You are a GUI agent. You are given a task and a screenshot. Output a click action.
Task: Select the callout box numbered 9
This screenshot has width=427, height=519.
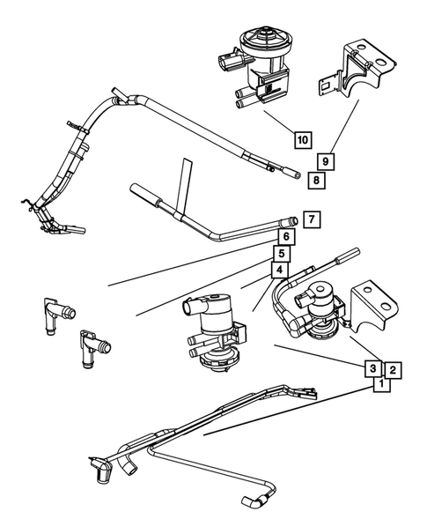[x=325, y=162]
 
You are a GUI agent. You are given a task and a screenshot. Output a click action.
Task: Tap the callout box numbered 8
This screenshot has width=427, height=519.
[x=315, y=180]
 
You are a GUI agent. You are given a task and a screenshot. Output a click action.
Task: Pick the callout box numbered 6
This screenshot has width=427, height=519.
[x=287, y=236]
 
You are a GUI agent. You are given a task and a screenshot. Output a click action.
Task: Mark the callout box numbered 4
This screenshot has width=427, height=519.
[x=277, y=270]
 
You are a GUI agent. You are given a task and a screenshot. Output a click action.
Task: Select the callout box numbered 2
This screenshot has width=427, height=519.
[x=394, y=370]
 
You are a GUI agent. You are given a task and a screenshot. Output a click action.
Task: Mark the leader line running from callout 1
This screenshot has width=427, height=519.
[x=291, y=410]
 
